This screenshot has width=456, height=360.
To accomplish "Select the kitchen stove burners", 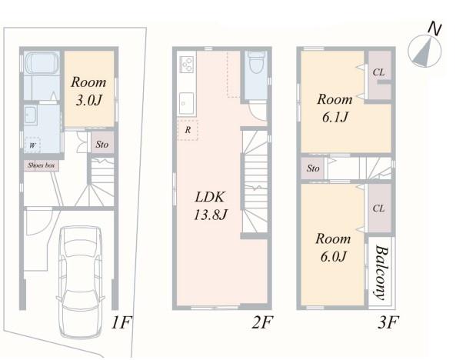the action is tap(187, 64).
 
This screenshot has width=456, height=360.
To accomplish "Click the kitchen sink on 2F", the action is tap(186, 103).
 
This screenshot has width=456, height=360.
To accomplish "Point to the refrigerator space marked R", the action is tap(188, 130).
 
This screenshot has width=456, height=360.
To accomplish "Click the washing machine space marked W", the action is tap(32, 145).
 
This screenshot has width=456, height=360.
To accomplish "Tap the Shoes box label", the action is tap(42, 165).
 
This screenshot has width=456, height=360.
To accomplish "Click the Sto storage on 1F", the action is tap(102, 144).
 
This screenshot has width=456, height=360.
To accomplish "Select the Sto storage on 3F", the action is tap(313, 168).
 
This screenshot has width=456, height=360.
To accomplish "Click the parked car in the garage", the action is tap(81, 282).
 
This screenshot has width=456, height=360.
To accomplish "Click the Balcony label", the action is tap(381, 272).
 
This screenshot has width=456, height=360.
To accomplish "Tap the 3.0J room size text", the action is tap(88, 101).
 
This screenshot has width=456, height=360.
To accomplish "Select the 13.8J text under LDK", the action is tap(210, 215).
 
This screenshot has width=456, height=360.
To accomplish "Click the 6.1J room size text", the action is tap(335, 117).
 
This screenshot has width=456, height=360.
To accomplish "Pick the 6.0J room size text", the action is tap(334, 257).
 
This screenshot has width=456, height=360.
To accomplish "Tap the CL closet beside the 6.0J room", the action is tap(379, 208).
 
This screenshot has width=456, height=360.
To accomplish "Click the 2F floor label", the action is tap(262, 322).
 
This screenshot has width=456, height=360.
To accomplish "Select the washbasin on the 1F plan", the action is tap(30, 115).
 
